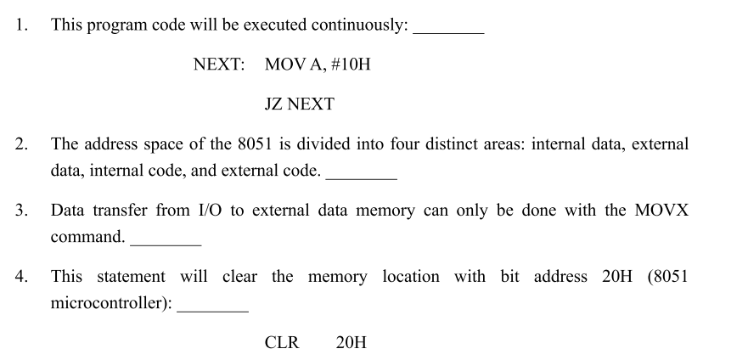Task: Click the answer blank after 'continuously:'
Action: (447, 29)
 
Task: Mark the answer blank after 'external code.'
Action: (361, 175)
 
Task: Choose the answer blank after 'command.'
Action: (166, 241)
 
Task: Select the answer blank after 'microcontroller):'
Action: (212, 307)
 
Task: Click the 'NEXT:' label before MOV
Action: (219, 65)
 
